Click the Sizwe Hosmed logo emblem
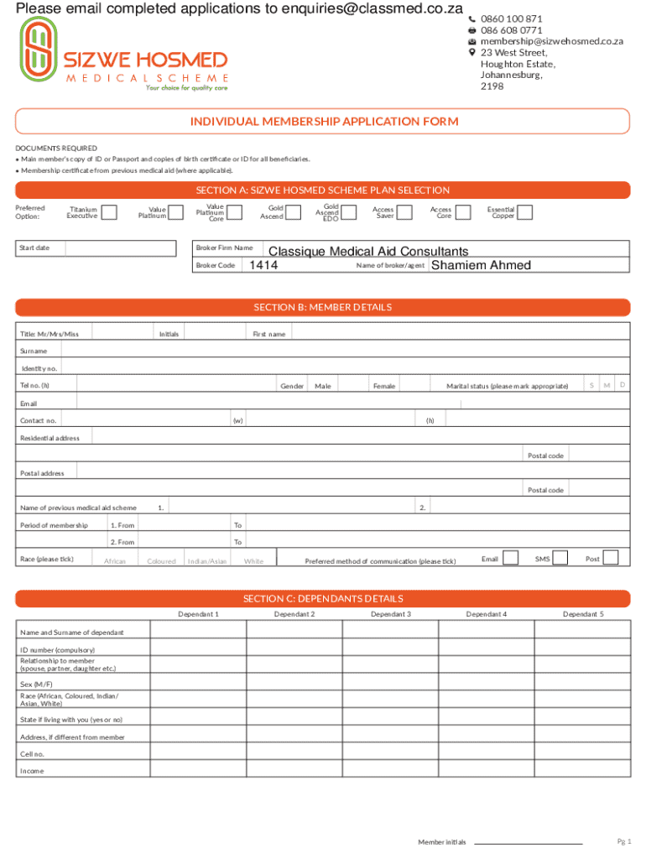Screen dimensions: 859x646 39,52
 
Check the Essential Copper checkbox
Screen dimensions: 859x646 524,212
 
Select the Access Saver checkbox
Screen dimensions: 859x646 404,212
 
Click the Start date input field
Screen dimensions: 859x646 121,248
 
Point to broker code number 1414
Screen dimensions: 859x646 263,266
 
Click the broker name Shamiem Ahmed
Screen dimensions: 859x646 481,266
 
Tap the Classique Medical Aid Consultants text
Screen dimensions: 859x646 368,252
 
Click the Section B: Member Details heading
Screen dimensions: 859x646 323,308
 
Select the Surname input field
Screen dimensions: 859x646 344,351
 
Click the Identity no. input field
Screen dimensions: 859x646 344,368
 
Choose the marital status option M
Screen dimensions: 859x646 607,385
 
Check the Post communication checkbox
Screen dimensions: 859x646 611,558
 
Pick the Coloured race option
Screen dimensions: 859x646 161,561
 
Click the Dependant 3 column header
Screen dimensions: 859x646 391,614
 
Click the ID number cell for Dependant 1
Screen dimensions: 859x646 198,650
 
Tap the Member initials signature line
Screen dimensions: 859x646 528,841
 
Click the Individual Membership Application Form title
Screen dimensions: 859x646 324,122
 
